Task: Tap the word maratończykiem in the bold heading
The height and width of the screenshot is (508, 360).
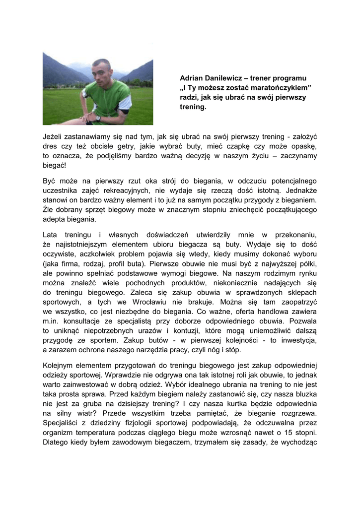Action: click(278, 88)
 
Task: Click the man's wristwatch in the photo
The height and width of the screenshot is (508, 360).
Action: click(98, 118)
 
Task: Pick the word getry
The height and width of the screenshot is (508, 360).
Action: click(131, 146)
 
